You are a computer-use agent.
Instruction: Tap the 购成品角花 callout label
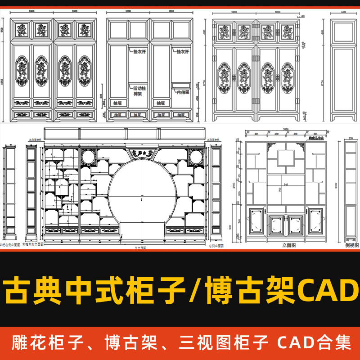coord(317,138)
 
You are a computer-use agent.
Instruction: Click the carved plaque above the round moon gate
coord(141,153)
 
